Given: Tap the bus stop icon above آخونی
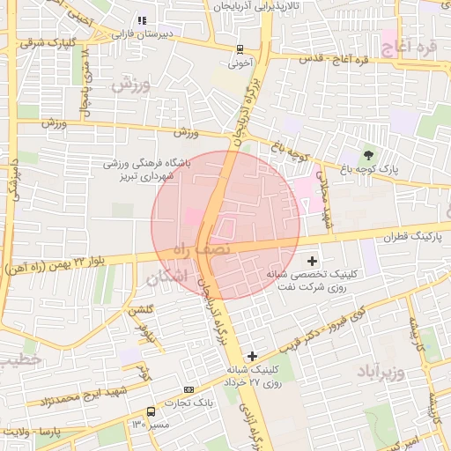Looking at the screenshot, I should point(240,50).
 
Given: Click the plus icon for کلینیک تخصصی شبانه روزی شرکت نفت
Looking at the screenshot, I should point(313,260).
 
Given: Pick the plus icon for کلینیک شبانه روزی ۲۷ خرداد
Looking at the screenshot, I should point(253,356).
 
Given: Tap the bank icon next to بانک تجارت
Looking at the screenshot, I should point(189,388).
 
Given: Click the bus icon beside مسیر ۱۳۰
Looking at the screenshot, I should point(152,411).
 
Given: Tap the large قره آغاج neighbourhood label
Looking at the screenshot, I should point(406,40).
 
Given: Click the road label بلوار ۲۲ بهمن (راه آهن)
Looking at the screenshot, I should point(66,262).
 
